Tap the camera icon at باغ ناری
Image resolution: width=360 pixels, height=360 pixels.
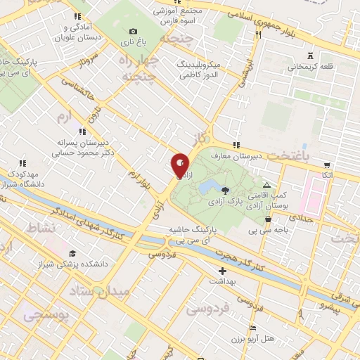coord(133,31)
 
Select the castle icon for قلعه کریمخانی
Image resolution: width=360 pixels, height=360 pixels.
coord(310,56)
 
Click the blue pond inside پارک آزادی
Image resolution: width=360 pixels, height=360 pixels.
coord(209,188)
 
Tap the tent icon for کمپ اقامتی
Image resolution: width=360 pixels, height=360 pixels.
coord(266,184)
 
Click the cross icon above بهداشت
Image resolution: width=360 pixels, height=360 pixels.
coord(223,270)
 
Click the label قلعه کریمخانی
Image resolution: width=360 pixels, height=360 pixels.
coord(307,67)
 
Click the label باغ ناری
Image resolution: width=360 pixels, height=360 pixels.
coord(131,42)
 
